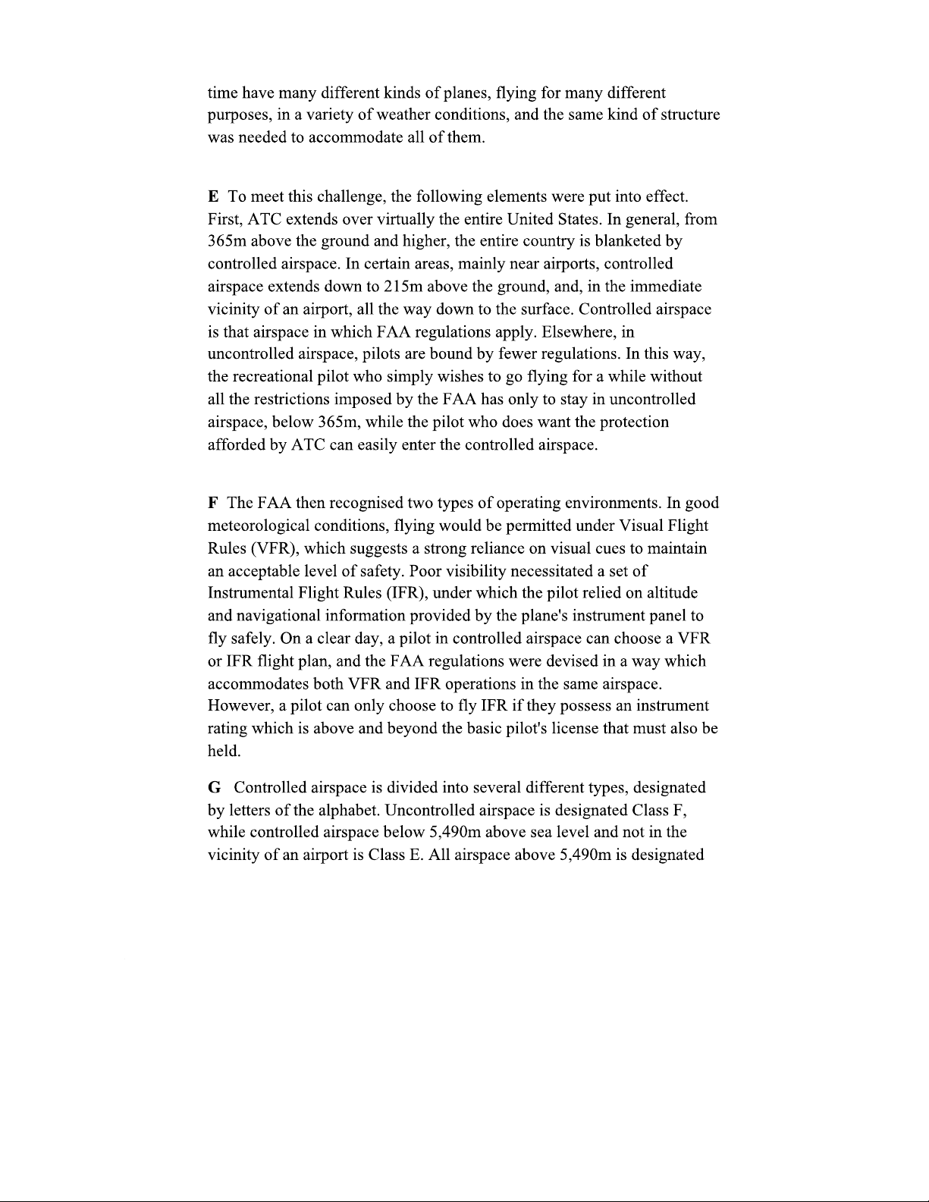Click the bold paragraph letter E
[x=213, y=197]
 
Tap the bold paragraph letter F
[x=213, y=504]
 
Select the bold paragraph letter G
[x=215, y=787]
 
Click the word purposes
[x=239, y=116]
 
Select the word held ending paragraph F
[x=224, y=752]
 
